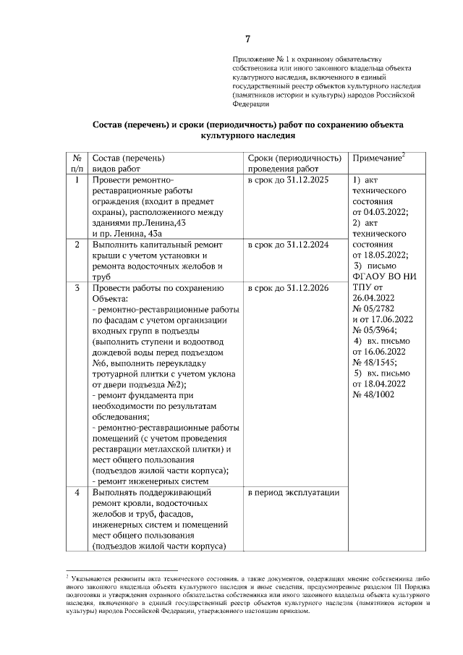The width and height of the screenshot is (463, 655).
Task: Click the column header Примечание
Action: tap(377, 158)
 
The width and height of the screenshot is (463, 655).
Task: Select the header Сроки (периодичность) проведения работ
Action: tap(294, 164)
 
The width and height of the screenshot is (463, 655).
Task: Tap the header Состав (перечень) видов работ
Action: tap(128, 164)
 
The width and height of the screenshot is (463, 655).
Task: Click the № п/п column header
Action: tap(77, 164)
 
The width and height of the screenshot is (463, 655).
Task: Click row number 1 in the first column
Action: tap(77, 179)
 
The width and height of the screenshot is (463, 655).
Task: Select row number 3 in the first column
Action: tap(77, 288)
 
